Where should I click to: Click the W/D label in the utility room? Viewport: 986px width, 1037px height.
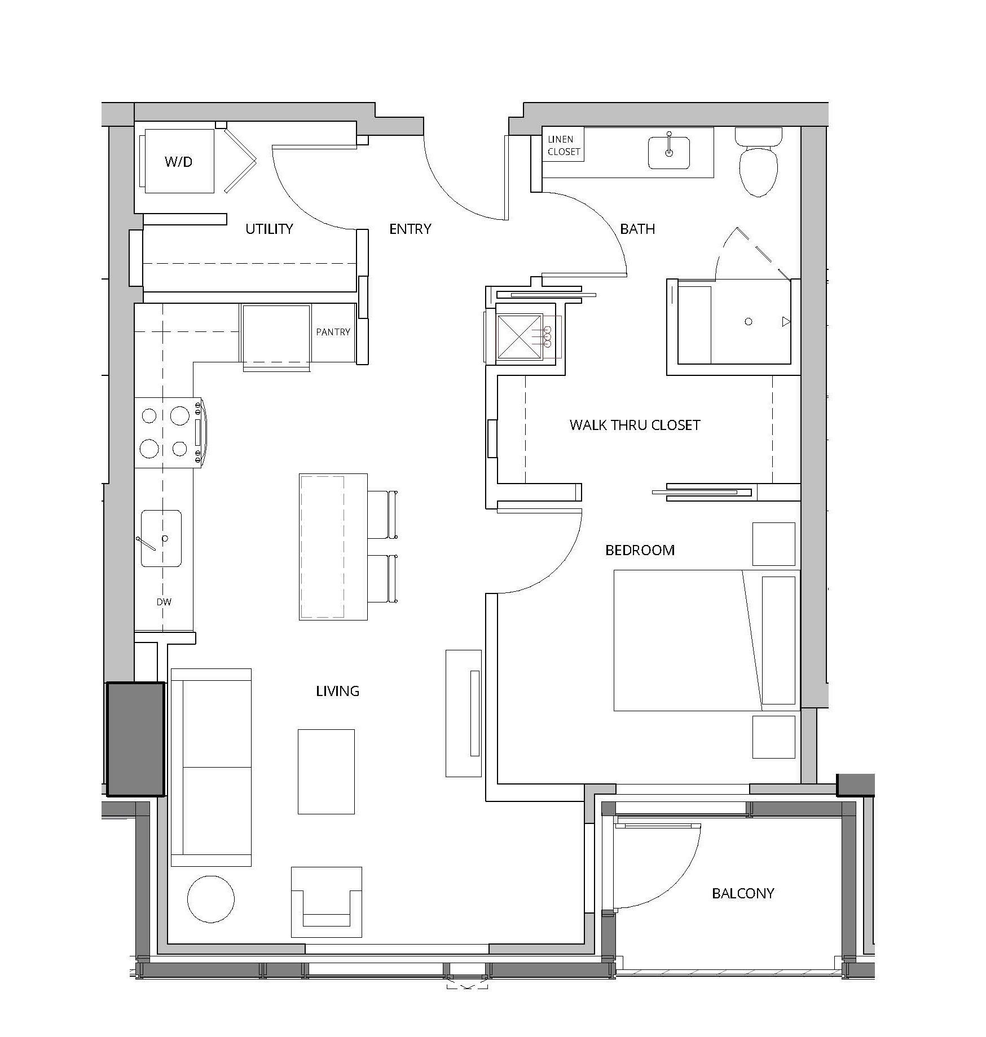pos(178,162)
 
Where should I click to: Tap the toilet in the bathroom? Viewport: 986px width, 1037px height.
pos(759,161)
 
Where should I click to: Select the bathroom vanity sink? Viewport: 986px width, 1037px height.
pos(669,152)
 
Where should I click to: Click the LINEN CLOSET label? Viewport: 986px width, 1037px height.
pos(564,145)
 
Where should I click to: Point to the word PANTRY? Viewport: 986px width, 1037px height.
pos(333,332)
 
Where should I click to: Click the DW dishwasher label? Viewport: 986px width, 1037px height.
pos(164,602)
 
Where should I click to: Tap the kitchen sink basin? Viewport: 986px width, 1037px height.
pos(161,538)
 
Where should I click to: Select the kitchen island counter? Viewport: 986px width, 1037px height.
pos(333,547)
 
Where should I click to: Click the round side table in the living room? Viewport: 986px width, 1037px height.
pos(211,899)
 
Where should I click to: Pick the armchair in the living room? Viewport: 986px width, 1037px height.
pos(327,902)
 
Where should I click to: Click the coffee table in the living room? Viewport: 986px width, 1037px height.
pos(326,772)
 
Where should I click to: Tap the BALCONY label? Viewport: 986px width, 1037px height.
pos(743,893)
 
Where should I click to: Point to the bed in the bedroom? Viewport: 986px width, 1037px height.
pos(707,640)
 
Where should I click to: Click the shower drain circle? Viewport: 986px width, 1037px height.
pos(749,322)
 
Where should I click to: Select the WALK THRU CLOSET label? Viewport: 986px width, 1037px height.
pos(635,425)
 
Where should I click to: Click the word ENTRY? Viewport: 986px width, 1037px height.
pos(410,229)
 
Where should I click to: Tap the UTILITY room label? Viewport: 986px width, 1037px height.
pos(269,229)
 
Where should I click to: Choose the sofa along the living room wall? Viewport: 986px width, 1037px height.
pos(211,767)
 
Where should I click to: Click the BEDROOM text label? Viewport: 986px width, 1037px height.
pos(640,550)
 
